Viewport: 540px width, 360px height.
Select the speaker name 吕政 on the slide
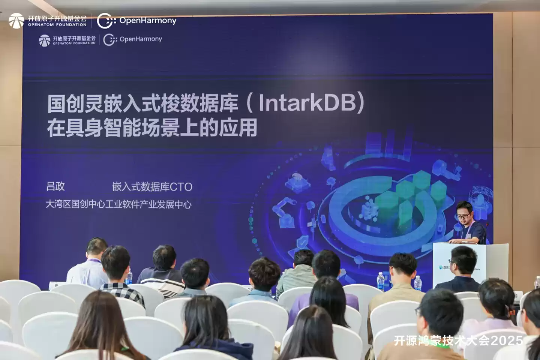pyautogui.click(x=55, y=186)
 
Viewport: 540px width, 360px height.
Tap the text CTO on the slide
pyautogui.click(x=181, y=187)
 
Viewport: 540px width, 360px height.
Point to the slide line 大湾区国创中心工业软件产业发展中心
pyautogui.click(x=118, y=204)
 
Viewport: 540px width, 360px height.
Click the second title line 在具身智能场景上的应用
pyautogui.click(x=152, y=127)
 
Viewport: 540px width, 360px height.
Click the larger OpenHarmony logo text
pyautogui.click(x=148, y=21)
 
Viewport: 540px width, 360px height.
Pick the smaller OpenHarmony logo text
pyautogui.click(x=141, y=39)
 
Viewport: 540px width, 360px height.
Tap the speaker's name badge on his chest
pyautogui.click(x=468, y=235)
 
